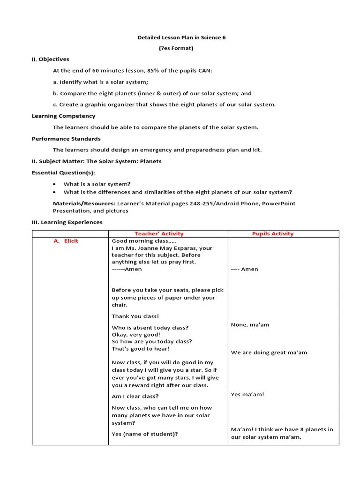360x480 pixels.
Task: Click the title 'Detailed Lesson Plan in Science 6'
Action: [x=181, y=37]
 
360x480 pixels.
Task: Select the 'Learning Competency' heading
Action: [x=63, y=116]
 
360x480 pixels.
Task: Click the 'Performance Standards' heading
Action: [x=66, y=139]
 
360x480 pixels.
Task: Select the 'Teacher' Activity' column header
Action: [x=159, y=233]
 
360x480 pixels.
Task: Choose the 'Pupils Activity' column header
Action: [x=272, y=233]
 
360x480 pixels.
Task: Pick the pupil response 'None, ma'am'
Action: [x=250, y=324]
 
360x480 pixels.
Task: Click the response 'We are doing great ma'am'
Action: [x=269, y=352]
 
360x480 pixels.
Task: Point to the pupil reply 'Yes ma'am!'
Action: [x=247, y=394]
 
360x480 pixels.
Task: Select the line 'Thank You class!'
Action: [x=135, y=316]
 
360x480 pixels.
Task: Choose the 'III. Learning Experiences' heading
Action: [x=67, y=222]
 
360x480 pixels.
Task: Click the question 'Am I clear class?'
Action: [x=135, y=396]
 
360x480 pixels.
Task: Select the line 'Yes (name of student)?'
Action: [x=144, y=434]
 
